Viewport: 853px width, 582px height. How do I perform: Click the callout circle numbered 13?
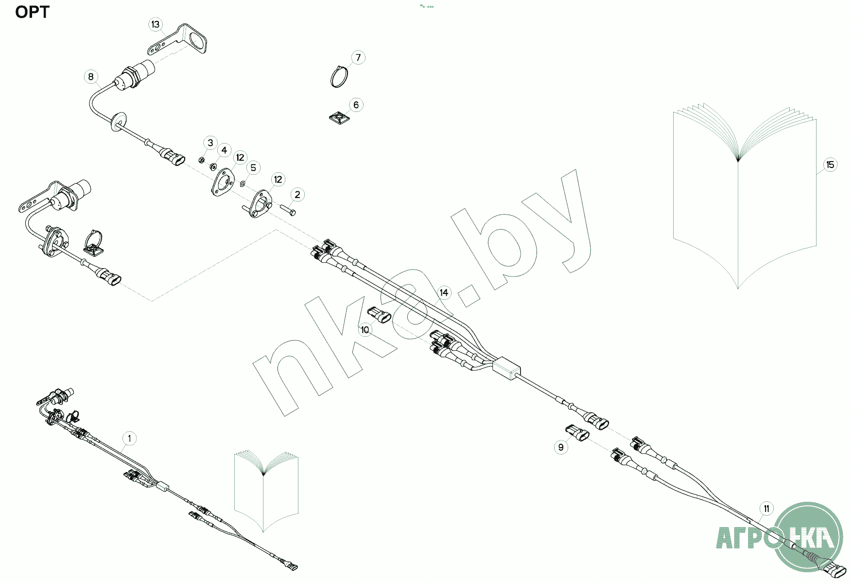[x=155, y=24]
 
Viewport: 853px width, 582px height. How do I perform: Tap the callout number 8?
[x=91, y=76]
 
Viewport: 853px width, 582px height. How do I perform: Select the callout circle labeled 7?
[x=358, y=57]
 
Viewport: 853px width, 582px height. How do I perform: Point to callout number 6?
[x=356, y=105]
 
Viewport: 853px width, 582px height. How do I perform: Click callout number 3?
[x=210, y=143]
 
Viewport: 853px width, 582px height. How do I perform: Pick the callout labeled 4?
[x=224, y=150]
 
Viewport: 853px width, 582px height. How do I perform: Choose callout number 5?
[x=253, y=168]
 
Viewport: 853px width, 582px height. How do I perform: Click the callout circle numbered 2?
[x=297, y=195]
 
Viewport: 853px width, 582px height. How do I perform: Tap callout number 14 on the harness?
[x=444, y=292]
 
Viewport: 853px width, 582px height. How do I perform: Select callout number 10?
[x=365, y=329]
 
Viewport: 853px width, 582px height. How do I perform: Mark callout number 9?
[x=561, y=447]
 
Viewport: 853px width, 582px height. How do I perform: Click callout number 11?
[x=766, y=509]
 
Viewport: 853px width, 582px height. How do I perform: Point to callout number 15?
[x=830, y=164]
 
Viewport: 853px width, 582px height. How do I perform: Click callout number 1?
[x=129, y=438]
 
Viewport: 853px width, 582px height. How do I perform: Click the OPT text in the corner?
[x=32, y=12]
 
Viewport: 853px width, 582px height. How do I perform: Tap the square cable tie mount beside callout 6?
[x=339, y=118]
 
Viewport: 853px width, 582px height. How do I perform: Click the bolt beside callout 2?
[x=288, y=210]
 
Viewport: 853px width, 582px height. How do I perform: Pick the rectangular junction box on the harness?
[x=506, y=368]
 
